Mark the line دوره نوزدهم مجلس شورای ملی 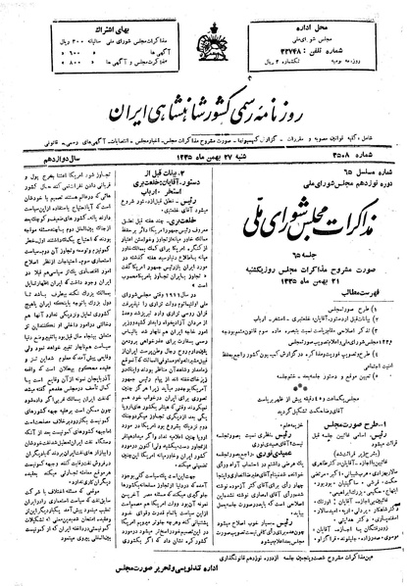323,153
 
